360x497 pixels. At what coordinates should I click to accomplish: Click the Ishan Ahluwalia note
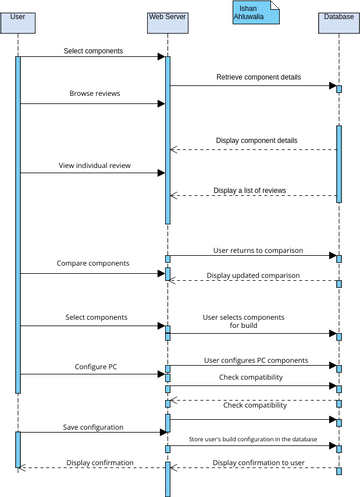(253, 13)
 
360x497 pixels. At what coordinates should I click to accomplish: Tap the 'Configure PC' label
(96, 367)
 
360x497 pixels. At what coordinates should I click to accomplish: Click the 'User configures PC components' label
(256, 360)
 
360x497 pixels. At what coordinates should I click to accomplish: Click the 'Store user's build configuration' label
(254, 439)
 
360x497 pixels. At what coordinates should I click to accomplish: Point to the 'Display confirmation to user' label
(258, 463)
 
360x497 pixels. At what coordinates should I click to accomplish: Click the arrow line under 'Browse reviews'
(91, 103)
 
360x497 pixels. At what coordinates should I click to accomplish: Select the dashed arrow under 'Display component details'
(253, 150)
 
